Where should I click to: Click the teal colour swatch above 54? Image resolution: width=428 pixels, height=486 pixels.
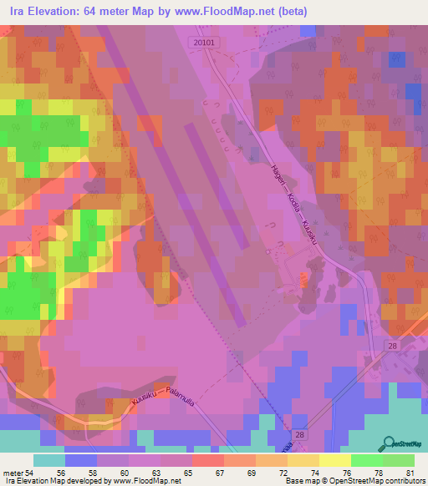[x=48, y=461]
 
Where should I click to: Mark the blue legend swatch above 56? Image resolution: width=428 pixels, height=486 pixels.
[x=80, y=461]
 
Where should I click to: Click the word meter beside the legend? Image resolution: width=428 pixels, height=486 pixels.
[x=12, y=473]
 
